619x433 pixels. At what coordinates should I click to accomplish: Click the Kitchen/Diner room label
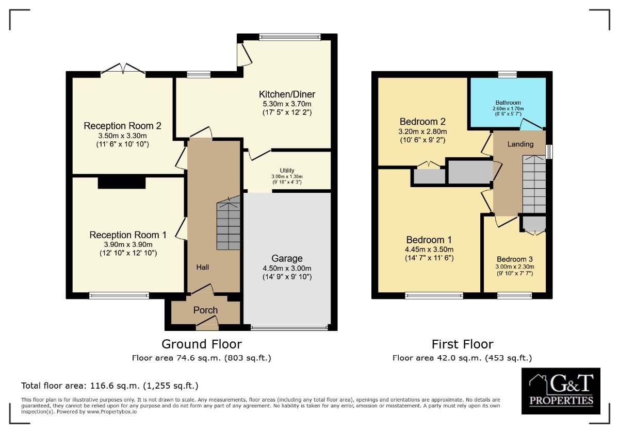pyautogui.click(x=287, y=94)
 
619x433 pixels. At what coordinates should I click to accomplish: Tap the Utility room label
pyautogui.click(x=287, y=171)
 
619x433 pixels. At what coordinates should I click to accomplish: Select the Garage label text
pyautogui.click(x=287, y=258)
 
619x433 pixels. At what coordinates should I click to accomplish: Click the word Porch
pyautogui.click(x=205, y=310)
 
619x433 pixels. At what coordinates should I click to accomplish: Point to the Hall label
pyautogui.click(x=203, y=267)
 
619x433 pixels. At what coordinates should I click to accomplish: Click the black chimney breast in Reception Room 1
pyautogui.click(x=122, y=183)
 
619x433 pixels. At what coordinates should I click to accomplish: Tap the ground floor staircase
pyautogui.click(x=228, y=223)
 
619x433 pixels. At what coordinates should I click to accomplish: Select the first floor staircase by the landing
pyautogui.click(x=534, y=184)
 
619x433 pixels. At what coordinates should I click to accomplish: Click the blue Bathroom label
pyautogui.click(x=508, y=103)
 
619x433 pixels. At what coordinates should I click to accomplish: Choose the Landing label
pyautogui.click(x=520, y=144)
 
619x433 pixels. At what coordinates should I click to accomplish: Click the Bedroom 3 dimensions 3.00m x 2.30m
pyautogui.click(x=515, y=267)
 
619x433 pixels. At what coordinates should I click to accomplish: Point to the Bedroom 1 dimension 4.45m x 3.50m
pyautogui.click(x=429, y=249)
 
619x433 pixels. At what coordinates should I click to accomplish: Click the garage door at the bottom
pyautogui.click(x=289, y=328)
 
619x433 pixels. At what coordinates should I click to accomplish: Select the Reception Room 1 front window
pyautogui.click(x=119, y=295)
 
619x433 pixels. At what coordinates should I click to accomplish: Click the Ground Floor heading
pyautogui.click(x=202, y=344)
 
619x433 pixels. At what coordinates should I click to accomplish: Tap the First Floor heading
pyautogui.click(x=462, y=344)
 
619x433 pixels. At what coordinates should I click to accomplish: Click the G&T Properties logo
pyautogui.click(x=561, y=391)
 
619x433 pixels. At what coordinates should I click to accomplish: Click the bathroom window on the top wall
pyautogui.click(x=508, y=74)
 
